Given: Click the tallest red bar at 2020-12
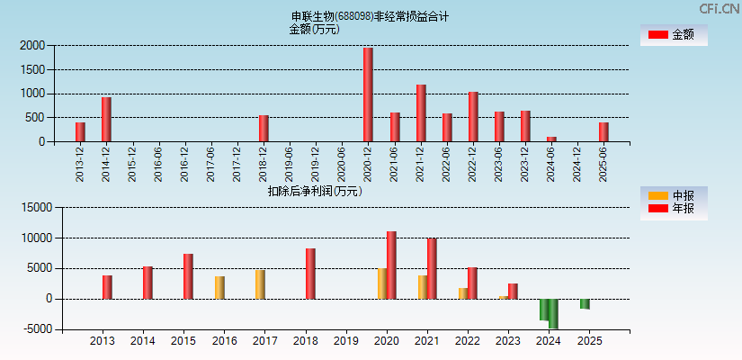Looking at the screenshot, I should coord(368,94).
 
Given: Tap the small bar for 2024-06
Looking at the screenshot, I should coord(551,139).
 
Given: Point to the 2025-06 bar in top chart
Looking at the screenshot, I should coord(603,131).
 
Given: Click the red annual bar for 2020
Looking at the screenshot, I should coord(391,265).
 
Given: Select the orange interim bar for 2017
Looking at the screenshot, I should coord(260,283).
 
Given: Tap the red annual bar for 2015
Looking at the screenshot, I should coord(188,275).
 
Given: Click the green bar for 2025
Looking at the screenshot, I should coord(585,303).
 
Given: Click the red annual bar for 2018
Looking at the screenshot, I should coord(310,273).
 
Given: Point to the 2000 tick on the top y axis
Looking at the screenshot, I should coord(31,45).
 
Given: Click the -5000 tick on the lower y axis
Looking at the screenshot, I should coord(35,329).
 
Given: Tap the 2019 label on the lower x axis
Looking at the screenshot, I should coord(345,342).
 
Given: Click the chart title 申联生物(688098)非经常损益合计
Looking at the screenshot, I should coord(370,16).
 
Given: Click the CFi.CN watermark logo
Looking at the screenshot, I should coord(720,9).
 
